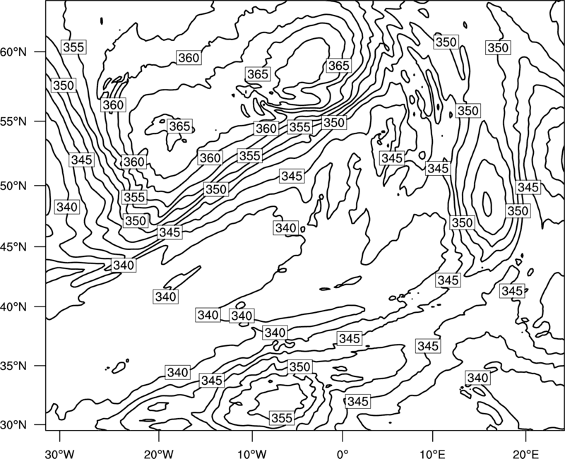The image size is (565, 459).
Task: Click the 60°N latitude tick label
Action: click(x=13, y=52)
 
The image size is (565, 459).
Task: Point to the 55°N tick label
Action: click(x=13, y=121)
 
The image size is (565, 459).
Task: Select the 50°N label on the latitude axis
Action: click(x=13, y=186)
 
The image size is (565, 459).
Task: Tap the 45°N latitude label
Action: click(x=13, y=246)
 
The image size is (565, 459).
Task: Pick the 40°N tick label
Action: click(x=13, y=307)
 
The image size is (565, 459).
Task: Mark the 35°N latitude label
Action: click(x=13, y=366)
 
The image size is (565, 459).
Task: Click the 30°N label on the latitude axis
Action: click(x=13, y=425)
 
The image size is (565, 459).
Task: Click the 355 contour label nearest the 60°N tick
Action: click(x=73, y=47)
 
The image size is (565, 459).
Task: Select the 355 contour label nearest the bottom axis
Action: click(x=281, y=418)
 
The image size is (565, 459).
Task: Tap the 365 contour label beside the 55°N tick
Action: click(x=179, y=126)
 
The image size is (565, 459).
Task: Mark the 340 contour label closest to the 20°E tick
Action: click(x=478, y=378)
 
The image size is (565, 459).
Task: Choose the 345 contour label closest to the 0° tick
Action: click(x=358, y=401)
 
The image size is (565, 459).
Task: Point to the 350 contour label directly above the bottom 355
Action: click(x=299, y=366)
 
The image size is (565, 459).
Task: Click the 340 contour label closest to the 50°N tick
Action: click(x=67, y=207)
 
